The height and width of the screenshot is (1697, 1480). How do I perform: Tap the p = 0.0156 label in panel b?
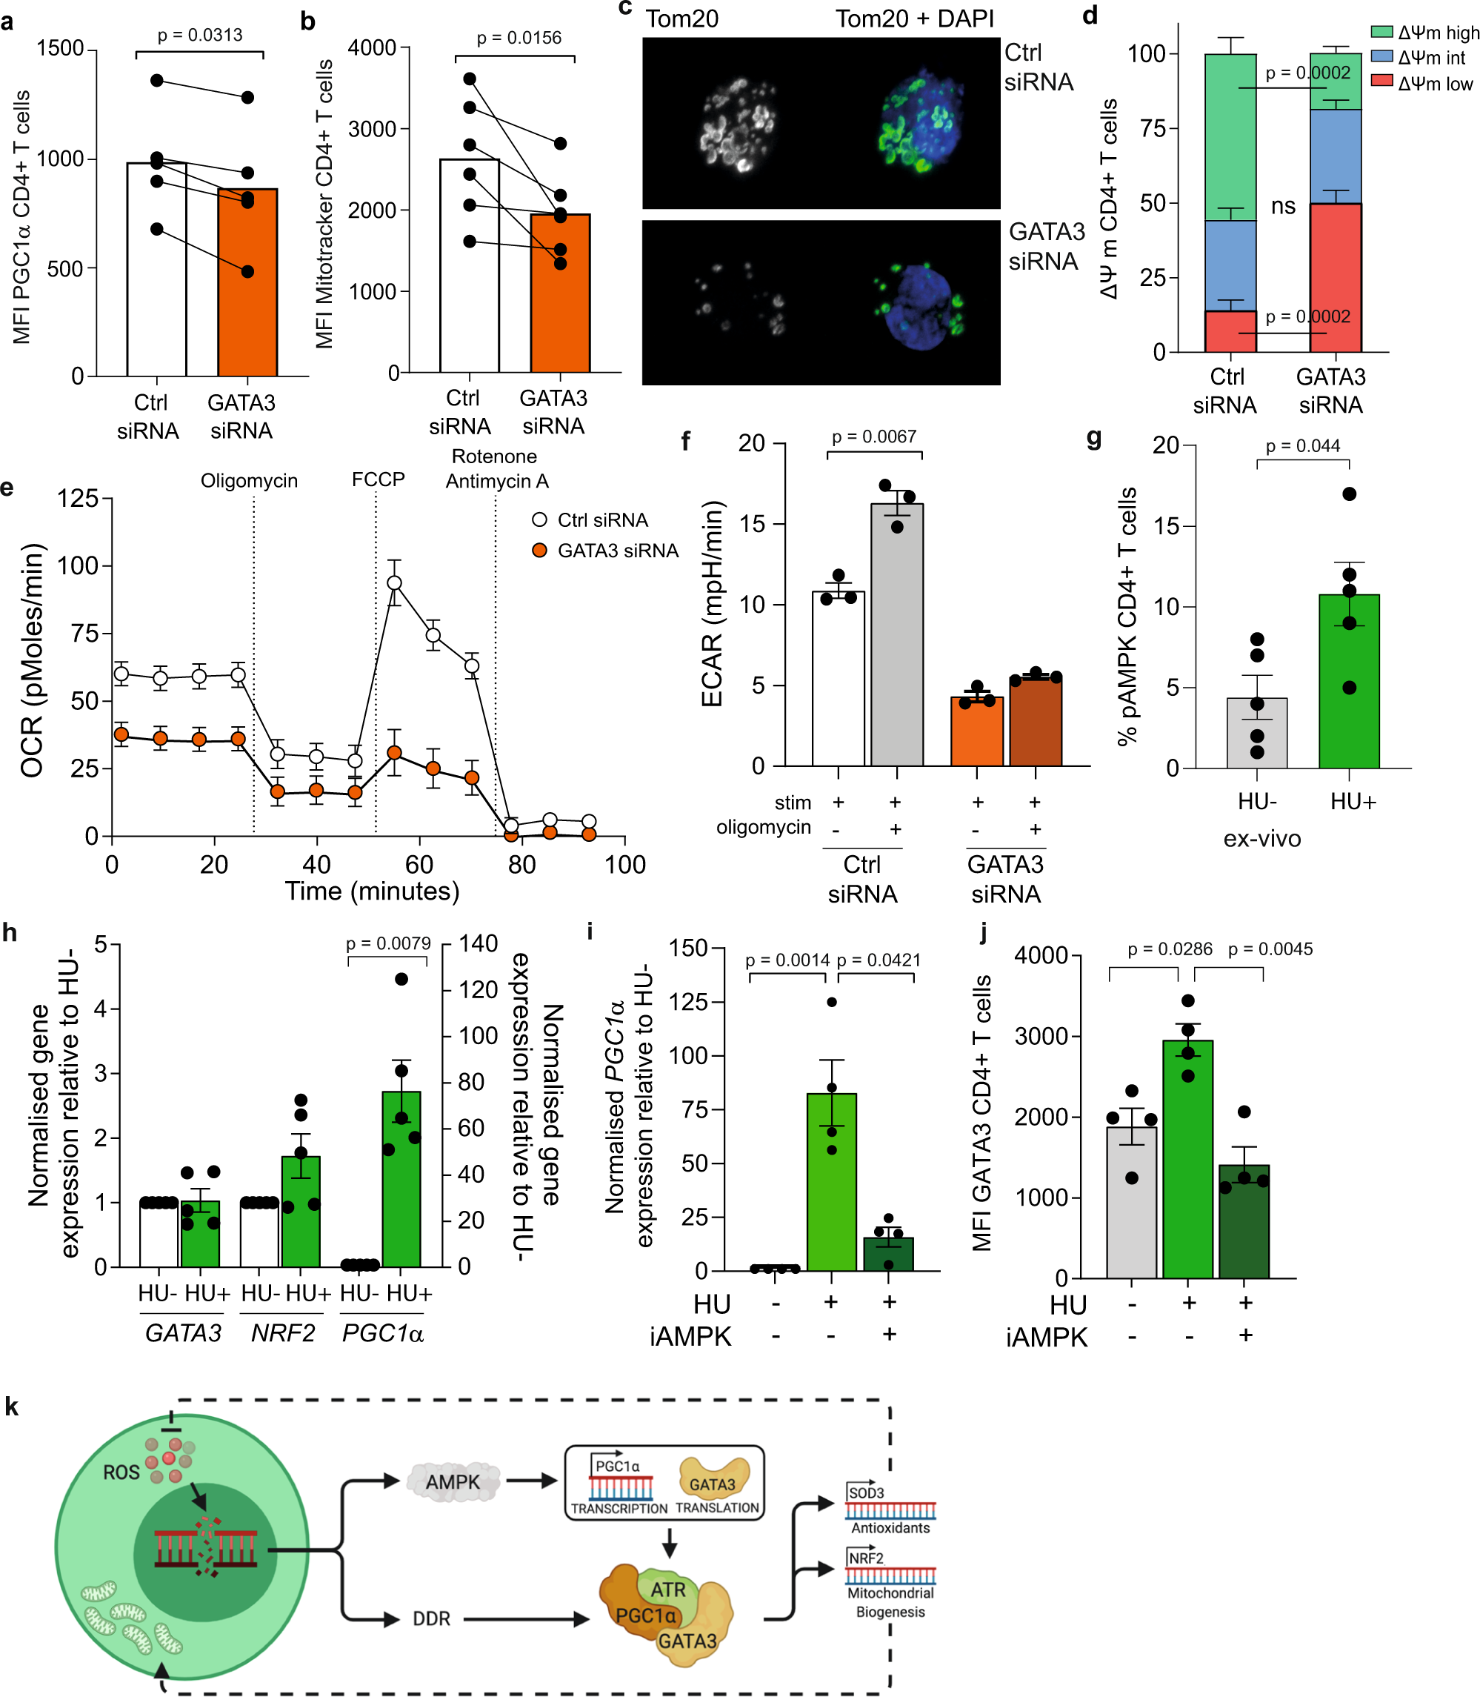519,38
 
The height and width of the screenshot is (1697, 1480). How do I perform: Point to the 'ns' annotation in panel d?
1283,206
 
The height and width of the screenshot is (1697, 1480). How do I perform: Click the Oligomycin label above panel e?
249,481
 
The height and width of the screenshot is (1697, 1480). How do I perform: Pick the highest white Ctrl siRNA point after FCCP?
395,583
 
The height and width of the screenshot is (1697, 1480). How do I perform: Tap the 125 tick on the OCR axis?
78,498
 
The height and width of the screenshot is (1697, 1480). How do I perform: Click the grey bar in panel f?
897,636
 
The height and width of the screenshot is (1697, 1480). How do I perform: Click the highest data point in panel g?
1349,494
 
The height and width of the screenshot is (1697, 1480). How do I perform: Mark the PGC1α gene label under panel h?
382,1332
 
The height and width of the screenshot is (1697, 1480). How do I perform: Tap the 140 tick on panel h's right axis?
479,943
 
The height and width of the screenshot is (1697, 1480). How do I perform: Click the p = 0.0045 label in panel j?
1270,949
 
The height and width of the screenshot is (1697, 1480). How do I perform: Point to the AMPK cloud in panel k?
453,1481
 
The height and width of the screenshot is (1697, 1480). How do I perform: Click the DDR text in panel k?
431,1618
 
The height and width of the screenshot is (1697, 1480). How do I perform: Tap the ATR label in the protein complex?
667,1590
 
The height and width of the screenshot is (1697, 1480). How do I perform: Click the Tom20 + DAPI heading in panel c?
914,19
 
